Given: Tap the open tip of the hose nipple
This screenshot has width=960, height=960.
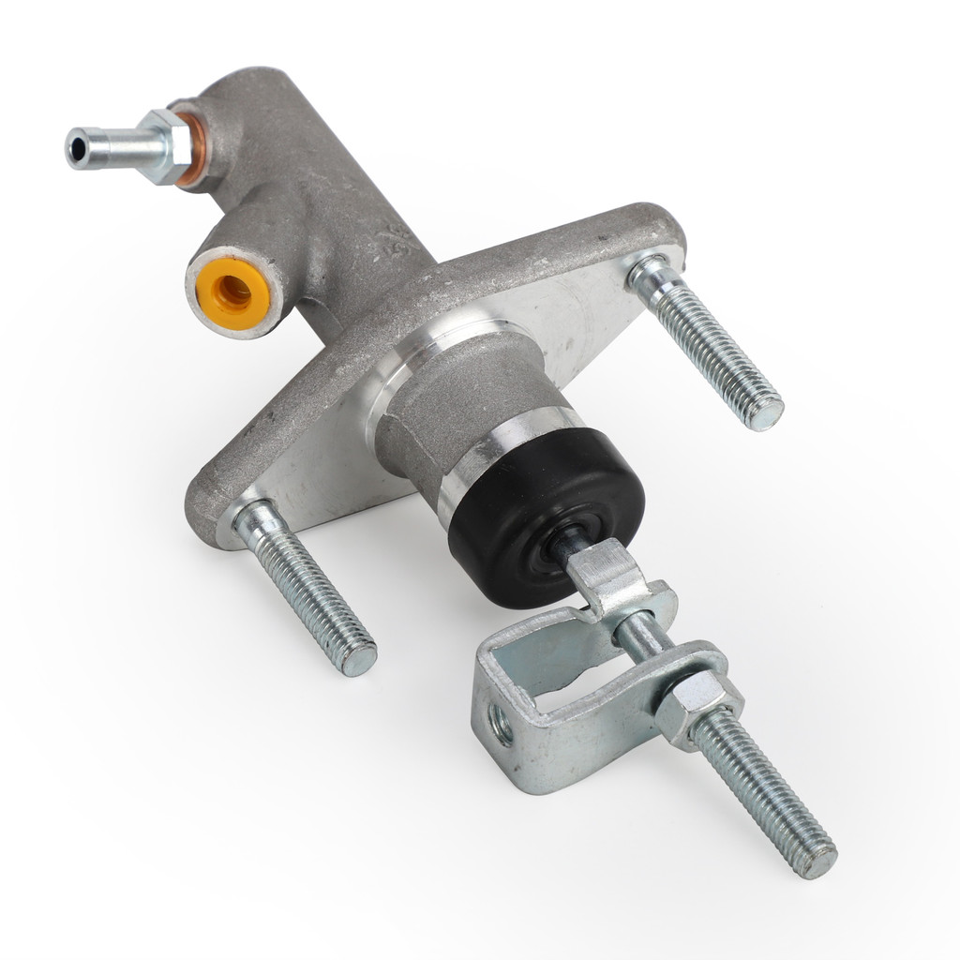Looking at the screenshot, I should [75, 146].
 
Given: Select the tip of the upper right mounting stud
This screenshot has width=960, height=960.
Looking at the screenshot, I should [766, 412].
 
